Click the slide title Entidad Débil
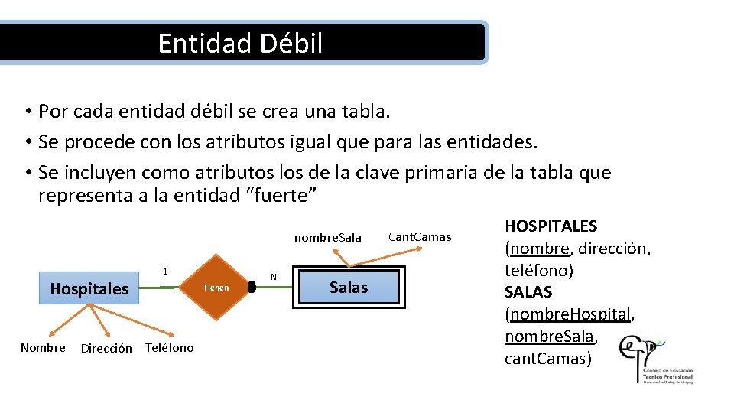pos(240,43)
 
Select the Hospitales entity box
pos(89,289)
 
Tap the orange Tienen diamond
pos(216,288)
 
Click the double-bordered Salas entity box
pos(348,288)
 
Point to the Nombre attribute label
pos(43,348)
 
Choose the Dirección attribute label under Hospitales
pos(106,349)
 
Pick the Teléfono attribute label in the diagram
pos(169,348)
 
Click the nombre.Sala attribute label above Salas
pos(327,238)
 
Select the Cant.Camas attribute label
pos(420,237)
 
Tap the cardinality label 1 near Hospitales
pos(164,272)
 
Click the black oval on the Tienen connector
pos(252,288)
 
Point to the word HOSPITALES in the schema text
pos(551,226)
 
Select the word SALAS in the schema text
pos(528,292)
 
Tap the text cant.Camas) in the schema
pos(547,359)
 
